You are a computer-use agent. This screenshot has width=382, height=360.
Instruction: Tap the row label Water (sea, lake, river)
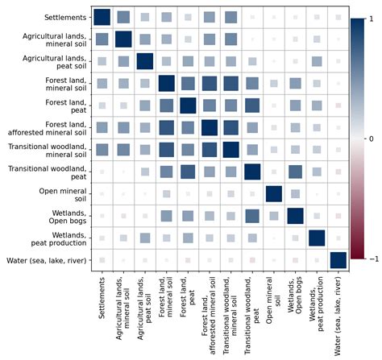point(50,259)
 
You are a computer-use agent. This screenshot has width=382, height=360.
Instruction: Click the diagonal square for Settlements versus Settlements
point(101,17)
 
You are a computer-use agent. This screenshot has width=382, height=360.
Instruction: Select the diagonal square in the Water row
point(338,259)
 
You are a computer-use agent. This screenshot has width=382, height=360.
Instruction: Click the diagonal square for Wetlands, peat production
point(317,238)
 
